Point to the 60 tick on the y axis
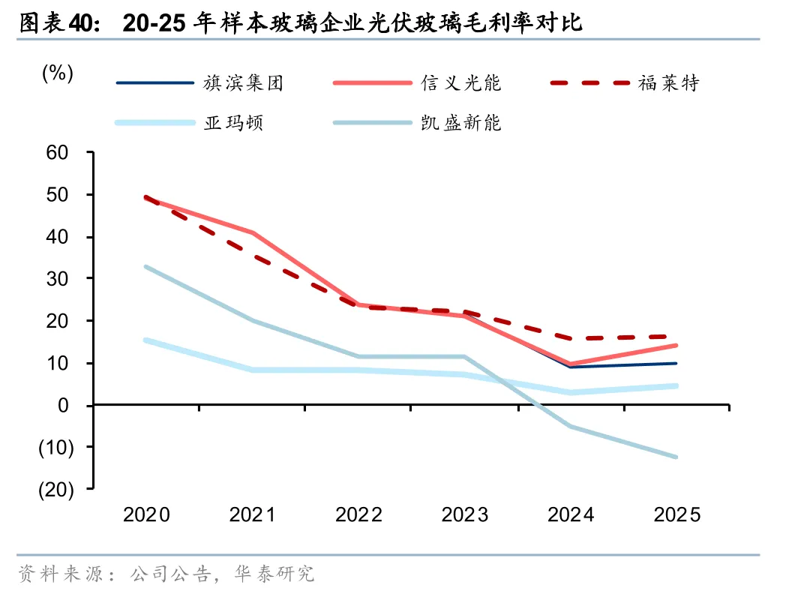tap(57, 152)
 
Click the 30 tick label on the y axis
tap(57, 279)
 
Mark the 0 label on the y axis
tap(63, 405)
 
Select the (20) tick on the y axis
tap(56, 489)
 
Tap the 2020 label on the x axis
tap(146, 514)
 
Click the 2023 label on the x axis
tap(465, 514)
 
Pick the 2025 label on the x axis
tap(676, 514)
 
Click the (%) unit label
tap(58, 73)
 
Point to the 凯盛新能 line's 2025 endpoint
tap(676, 457)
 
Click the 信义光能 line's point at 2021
tap(253, 232)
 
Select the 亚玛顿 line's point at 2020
tap(145, 340)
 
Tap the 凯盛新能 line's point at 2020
tap(145, 267)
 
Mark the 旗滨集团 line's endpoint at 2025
tap(676, 364)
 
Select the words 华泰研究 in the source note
tap(274, 574)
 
